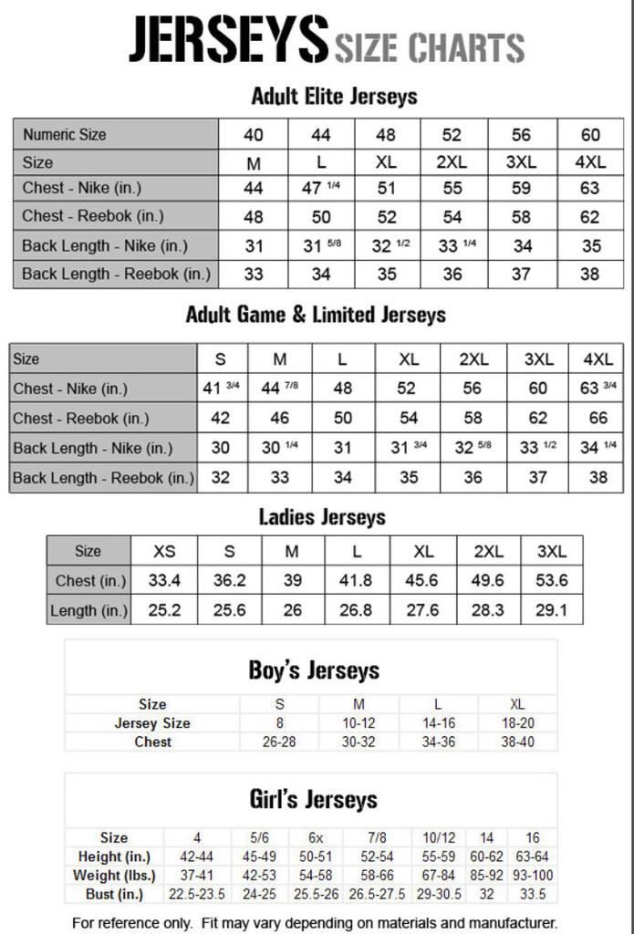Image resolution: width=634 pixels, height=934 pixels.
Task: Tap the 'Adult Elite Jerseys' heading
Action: coord(334,96)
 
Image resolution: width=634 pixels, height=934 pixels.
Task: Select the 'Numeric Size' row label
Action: coord(65,134)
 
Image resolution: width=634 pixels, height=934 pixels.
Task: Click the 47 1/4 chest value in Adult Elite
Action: coord(320,188)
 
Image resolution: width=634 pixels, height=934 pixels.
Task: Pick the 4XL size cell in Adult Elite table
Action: coord(590,161)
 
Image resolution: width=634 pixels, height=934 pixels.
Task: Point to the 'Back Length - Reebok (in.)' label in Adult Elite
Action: coord(116,273)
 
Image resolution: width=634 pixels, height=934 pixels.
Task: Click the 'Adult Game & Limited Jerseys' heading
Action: coord(316,316)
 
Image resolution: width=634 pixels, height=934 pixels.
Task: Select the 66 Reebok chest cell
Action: coord(598,418)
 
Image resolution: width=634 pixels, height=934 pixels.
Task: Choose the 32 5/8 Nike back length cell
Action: coord(473,448)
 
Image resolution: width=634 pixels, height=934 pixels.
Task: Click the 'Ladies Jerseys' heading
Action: coord(322,517)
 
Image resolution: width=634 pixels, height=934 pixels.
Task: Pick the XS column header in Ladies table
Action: coord(164,551)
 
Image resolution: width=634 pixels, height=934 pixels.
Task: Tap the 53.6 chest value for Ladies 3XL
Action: coord(551,580)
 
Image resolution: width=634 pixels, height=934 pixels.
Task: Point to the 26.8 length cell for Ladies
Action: coord(356,610)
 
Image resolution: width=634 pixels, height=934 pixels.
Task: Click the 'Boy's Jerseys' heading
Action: coord(314,671)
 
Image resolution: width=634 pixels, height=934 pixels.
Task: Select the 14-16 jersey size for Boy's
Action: coord(438,723)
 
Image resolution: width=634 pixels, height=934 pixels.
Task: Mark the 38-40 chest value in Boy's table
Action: coord(517,742)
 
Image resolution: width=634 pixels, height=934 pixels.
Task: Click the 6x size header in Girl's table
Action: coord(316,837)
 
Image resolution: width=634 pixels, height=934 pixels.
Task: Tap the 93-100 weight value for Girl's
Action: coord(533,875)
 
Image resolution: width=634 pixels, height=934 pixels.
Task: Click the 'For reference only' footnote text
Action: coord(314,922)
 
